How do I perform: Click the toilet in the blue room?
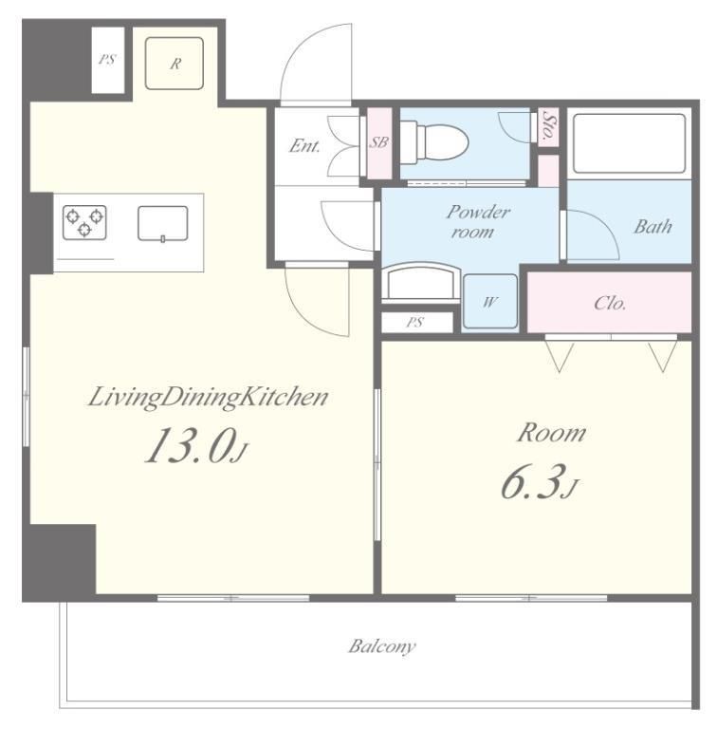434,142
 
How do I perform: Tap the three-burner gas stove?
84,223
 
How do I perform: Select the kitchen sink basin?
163,224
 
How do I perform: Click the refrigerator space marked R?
175,64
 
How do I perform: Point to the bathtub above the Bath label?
629,143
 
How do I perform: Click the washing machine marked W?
490,302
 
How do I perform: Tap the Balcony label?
381,646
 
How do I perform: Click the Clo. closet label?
610,304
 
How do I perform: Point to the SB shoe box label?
379,142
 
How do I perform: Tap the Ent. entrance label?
304,146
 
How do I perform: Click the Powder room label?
478,222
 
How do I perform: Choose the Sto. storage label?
548,126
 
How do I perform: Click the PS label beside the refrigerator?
107,60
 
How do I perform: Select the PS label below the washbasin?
414,322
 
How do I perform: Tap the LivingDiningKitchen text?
208,399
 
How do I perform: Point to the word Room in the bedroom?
552,433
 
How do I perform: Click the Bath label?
653,227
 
